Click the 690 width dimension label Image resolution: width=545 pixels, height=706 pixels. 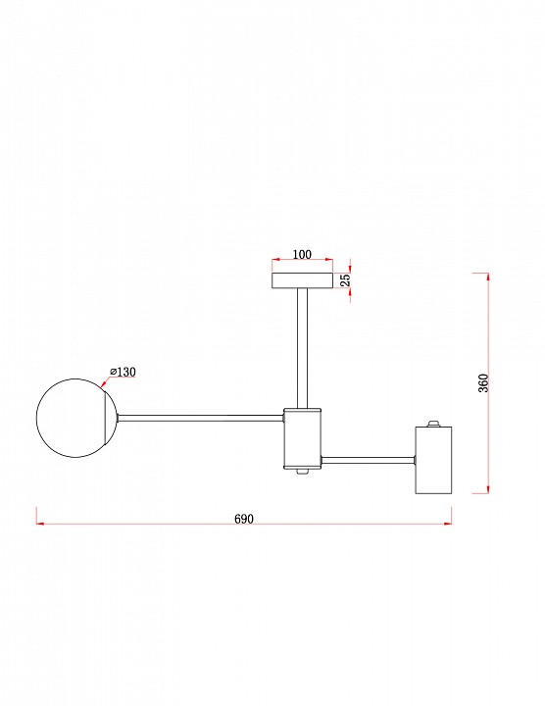pyautogui.click(x=244, y=519)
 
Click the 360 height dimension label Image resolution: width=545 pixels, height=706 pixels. pyautogui.click(x=483, y=383)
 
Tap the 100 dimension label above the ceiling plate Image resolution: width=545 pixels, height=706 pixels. pyautogui.click(x=302, y=254)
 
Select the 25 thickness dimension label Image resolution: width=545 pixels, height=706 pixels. pyautogui.click(x=345, y=280)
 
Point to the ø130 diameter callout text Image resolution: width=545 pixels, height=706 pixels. pyautogui.click(x=123, y=372)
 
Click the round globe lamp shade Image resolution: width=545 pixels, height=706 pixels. pyautogui.click(x=76, y=418)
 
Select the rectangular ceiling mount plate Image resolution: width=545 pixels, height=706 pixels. pyautogui.click(x=303, y=280)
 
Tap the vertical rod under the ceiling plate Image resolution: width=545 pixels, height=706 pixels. pyautogui.click(x=302, y=348)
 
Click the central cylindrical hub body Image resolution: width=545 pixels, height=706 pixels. pyautogui.click(x=302, y=438)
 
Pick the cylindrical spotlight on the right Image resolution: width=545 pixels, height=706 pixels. pyautogui.click(x=433, y=460)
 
